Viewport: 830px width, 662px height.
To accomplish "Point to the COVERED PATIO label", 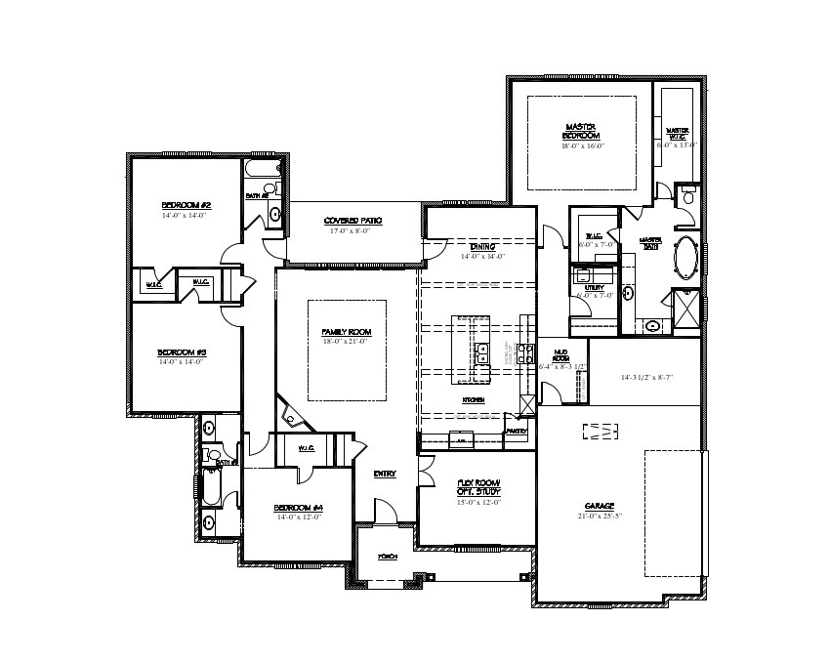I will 353,222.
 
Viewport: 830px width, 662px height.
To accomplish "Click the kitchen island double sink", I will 481,353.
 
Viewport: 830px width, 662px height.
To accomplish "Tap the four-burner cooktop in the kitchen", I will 525,353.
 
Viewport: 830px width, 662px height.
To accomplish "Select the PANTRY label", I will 517,431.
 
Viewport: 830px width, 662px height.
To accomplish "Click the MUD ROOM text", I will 561,356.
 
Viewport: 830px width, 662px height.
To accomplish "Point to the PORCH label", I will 388,556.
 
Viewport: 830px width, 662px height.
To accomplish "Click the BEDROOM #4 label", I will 298,508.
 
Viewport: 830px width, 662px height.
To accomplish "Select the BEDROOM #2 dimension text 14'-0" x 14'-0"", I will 186,215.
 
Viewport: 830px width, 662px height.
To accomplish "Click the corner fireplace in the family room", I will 291,417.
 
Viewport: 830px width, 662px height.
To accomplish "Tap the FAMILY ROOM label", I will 347,333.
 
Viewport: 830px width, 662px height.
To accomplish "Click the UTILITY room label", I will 594,288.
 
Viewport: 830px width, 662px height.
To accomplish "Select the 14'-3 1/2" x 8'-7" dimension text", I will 646,376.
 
